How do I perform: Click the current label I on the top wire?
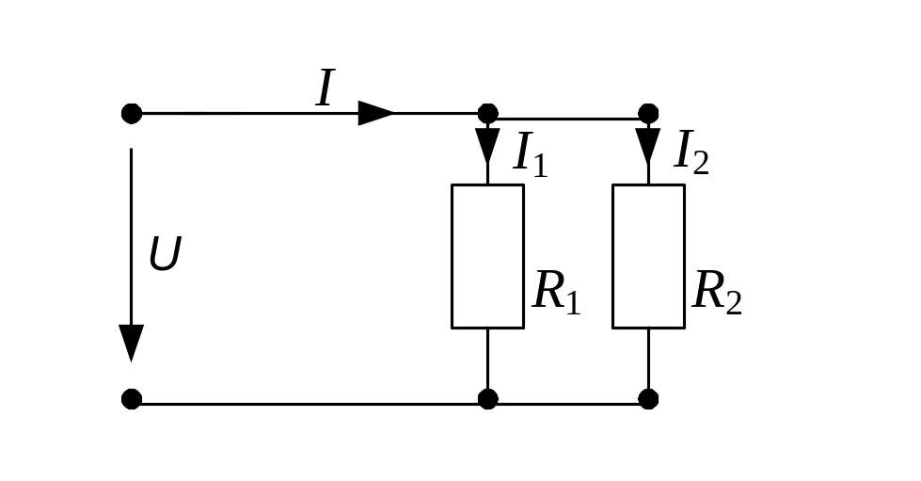[325, 90]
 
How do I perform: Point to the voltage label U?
[164, 255]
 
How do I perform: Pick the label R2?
[717, 293]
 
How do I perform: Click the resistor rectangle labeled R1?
[487, 256]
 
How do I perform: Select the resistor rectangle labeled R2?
[648, 256]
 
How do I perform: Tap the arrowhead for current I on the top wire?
[376, 114]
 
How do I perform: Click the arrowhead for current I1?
[487, 145]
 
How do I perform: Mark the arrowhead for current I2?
[648, 145]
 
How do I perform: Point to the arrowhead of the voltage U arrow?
[131, 343]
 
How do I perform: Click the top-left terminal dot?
[132, 114]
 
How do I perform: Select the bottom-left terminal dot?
[132, 399]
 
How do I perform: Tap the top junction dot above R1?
[487, 114]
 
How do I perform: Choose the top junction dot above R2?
[648, 114]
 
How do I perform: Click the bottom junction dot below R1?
[487, 399]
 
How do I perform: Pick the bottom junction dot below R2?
[648, 399]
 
